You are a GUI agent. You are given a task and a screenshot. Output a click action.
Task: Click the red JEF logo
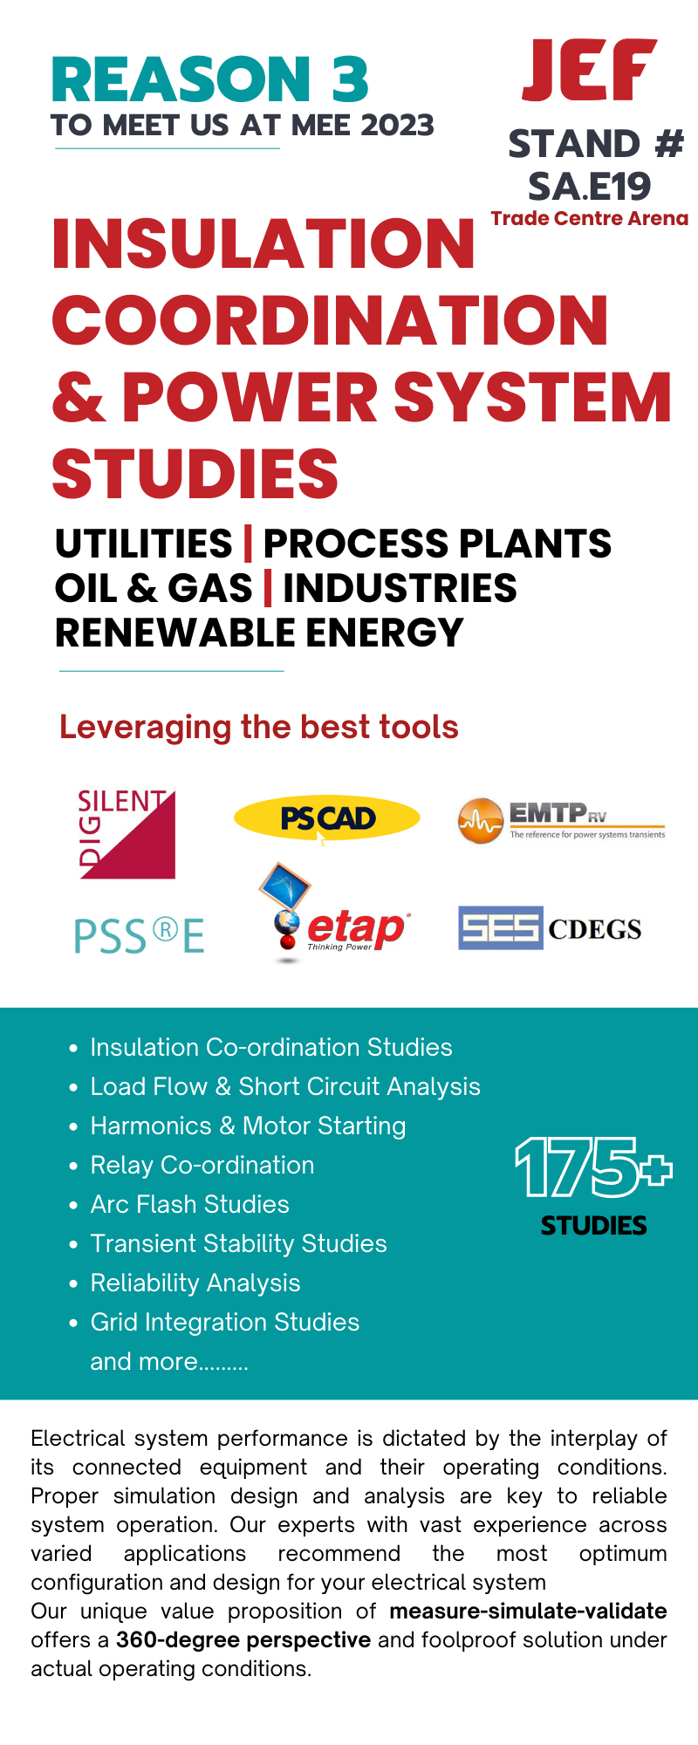point(589,70)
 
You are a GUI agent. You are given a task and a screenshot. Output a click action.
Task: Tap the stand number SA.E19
point(590,186)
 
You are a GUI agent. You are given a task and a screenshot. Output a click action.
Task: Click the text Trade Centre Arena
point(590,218)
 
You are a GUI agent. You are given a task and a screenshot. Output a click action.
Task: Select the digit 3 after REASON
point(350,79)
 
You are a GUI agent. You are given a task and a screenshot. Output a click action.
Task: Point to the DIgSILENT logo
point(127,834)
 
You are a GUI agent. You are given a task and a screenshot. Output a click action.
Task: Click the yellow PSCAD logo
point(327,818)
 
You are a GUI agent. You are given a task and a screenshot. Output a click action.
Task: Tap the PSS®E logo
point(140,935)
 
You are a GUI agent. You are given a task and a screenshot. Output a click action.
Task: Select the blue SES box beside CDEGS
point(501,927)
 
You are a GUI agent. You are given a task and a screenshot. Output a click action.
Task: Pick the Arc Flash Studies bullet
point(189,1204)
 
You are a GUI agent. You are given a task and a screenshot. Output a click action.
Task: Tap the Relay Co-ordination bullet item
point(202,1165)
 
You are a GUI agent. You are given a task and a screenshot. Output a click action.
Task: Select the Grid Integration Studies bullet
point(225,1322)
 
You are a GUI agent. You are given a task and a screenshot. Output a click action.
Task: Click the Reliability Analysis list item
point(195,1283)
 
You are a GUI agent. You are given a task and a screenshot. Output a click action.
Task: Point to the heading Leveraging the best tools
point(259,727)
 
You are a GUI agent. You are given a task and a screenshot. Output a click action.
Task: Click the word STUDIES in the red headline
point(195,474)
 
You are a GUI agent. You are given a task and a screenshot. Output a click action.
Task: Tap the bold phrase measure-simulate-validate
point(528,1611)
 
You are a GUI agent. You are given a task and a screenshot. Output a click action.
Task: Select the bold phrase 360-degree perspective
point(243,1639)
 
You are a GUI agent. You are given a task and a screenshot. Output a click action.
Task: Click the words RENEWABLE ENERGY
point(259,633)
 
